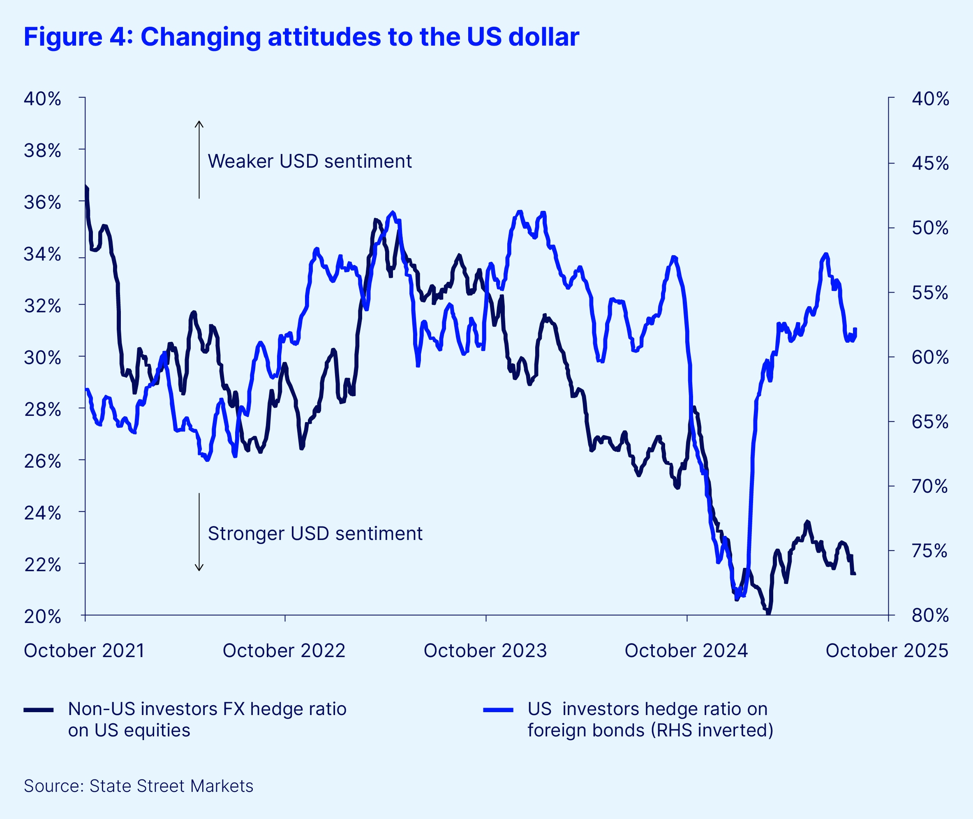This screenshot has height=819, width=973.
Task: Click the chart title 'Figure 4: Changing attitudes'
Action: coord(301,37)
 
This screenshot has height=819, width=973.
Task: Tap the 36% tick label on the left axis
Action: coord(42,203)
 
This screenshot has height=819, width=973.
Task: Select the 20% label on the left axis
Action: coord(42,616)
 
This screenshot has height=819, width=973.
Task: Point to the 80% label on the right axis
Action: coord(930,616)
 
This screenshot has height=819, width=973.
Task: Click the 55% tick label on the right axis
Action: coord(930,293)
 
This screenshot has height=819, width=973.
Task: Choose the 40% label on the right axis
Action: coord(930,99)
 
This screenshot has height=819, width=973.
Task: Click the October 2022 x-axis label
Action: coord(284,651)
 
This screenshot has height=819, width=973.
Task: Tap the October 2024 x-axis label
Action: coord(686,651)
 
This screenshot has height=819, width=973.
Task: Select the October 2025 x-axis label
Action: coord(887,651)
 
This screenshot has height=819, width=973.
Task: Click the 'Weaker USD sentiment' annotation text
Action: coord(309,161)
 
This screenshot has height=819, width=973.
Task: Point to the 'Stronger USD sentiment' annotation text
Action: coord(315,533)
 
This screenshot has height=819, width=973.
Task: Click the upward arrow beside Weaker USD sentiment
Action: coord(199,158)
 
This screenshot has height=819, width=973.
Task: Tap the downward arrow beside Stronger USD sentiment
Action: coord(199,532)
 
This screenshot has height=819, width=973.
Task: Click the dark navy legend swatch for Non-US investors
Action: coord(39,710)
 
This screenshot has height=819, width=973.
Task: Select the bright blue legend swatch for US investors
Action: coord(498,710)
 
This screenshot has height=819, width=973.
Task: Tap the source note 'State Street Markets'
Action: coord(171,786)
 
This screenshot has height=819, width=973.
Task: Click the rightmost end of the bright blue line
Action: coord(855,329)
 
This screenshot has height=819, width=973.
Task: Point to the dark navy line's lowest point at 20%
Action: coord(768,613)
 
